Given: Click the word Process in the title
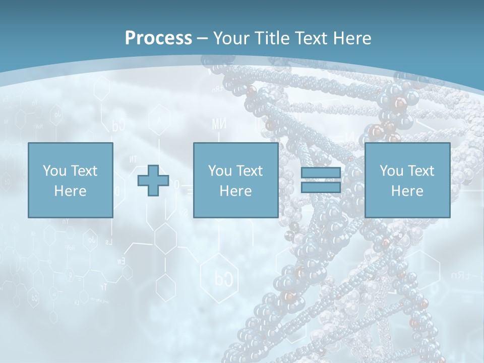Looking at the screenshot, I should point(158,38).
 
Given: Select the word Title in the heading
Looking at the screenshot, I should point(273,38).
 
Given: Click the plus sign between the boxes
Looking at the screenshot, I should point(153,180).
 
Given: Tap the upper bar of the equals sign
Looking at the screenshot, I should point(321,173).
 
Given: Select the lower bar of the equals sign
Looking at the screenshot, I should point(321,188).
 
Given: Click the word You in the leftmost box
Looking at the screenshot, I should point(54,171).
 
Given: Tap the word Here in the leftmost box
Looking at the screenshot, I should point(70,191).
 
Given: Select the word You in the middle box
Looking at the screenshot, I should point(220,171).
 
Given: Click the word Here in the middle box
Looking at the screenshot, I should point(235,191).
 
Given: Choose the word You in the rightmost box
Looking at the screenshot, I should point(391,171).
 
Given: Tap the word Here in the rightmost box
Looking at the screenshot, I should point(407,191).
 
